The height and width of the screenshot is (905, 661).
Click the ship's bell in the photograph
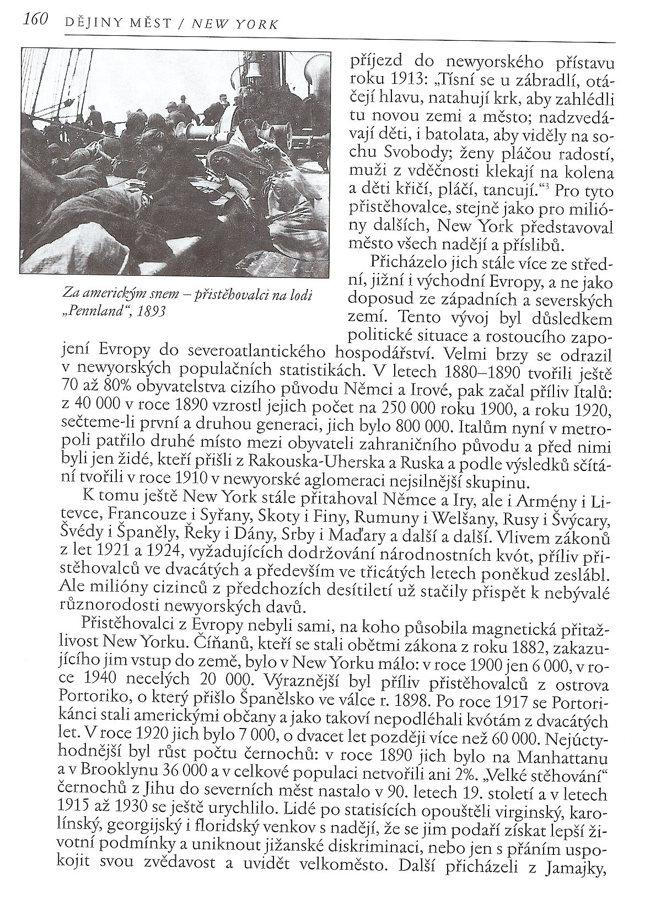(x=254, y=68)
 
